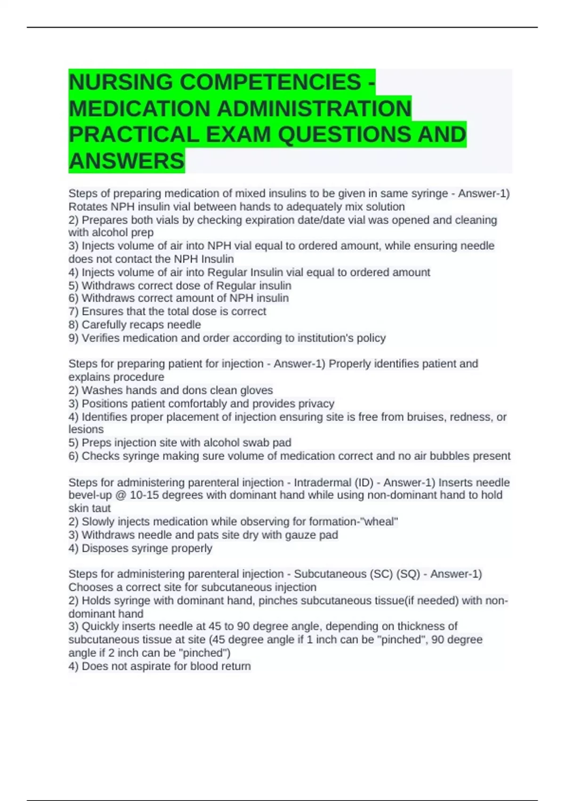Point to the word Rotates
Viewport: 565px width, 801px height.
click(x=88, y=207)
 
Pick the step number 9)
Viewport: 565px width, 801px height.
click(x=73, y=338)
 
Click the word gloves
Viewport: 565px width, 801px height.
click(x=257, y=390)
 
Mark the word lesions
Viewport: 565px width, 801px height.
click(x=86, y=429)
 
